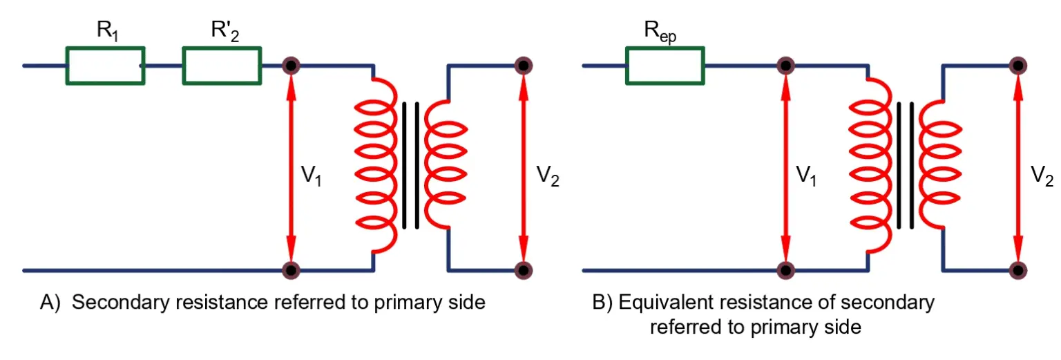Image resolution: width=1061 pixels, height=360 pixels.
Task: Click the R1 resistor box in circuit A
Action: (105, 66)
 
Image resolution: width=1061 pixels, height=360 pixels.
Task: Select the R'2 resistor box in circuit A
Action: (222, 66)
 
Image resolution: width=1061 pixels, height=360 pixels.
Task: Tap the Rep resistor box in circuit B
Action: (665, 66)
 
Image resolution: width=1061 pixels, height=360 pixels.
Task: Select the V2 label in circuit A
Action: (547, 179)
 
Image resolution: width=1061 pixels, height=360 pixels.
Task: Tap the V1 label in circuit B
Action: (805, 179)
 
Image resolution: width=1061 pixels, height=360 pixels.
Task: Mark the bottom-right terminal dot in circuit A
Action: (524, 269)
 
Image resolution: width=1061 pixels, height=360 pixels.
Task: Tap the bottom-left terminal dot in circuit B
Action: (785, 269)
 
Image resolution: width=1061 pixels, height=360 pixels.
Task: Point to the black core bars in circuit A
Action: (411, 166)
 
